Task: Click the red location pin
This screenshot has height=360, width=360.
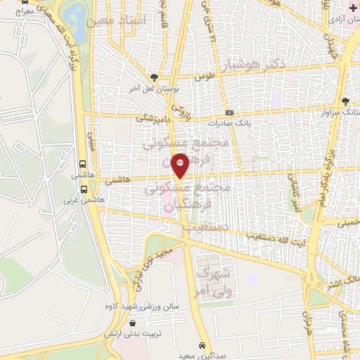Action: coord(181,165)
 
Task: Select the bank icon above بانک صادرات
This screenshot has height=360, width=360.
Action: coord(229,112)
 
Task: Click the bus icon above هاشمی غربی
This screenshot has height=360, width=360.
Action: coord(84,189)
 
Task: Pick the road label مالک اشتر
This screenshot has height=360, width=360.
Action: coord(340,282)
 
